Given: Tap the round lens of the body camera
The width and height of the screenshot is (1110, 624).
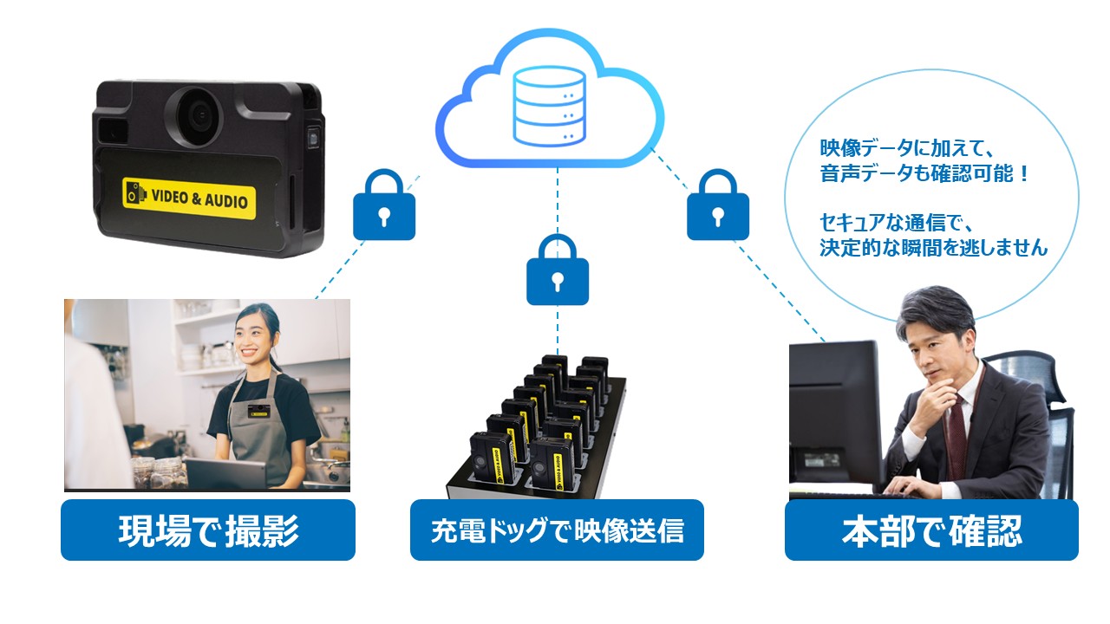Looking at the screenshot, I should point(199,115).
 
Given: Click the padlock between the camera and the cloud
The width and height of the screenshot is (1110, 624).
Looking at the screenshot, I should point(384,205).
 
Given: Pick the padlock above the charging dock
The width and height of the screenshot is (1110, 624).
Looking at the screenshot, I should point(558,270).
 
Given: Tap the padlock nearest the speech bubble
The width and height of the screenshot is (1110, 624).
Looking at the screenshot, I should point(718,205).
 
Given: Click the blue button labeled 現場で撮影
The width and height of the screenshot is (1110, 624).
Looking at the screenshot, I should point(208,530).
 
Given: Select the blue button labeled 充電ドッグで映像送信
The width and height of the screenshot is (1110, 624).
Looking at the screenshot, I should point(557,530).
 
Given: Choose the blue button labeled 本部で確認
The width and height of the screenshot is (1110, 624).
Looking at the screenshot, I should point(931,530).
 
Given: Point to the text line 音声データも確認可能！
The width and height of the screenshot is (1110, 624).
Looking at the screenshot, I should point(924,173).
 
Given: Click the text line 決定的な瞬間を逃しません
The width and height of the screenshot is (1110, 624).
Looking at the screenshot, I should point(934,248).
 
